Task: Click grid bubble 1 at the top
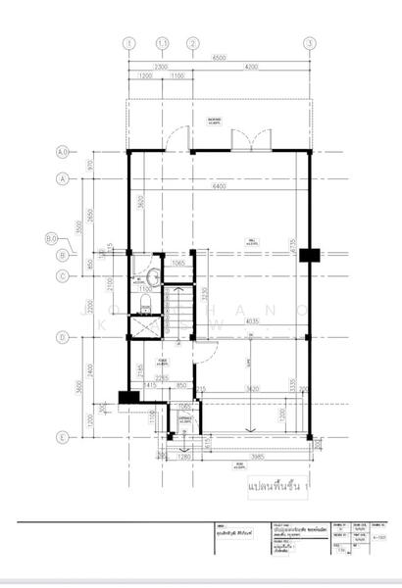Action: click(x=128, y=43)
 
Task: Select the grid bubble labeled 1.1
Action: click(x=163, y=43)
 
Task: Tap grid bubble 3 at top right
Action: click(x=309, y=43)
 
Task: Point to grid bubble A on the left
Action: click(x=62, y=179)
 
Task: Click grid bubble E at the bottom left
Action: click(x=62, y=438)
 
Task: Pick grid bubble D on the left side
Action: click(x=62, y=338)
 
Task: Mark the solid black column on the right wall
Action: click(x=310, y=256)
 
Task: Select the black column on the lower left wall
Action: click(x=125, y=397)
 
